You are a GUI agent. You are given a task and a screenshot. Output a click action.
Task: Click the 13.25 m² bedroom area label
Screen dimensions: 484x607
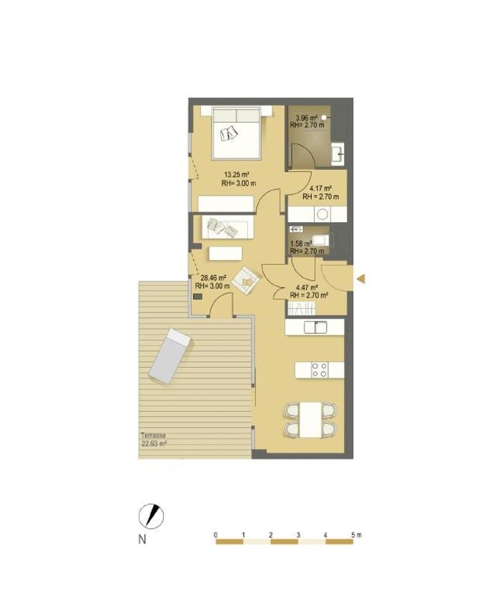pos(236,174)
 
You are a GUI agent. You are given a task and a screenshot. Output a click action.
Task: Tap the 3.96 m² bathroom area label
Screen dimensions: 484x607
pos(306,118)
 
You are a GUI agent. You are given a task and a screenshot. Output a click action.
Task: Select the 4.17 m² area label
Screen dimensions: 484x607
pos(320,189)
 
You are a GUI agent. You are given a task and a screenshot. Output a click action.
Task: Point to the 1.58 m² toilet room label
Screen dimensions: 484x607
pos(301,244)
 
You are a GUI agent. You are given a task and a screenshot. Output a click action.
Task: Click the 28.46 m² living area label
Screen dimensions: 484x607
pos(214,278)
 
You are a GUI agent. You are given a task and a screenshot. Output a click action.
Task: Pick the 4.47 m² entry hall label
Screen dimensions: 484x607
pos(307,287)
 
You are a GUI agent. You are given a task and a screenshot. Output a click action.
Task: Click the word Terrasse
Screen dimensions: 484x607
pos(153,436)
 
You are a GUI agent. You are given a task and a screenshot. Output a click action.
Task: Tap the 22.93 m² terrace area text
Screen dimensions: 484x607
pos(154,444)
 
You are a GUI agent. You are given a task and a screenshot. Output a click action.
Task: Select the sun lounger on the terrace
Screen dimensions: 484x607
pos(170,356)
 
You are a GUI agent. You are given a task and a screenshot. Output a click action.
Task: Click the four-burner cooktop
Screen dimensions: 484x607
pos(320,370)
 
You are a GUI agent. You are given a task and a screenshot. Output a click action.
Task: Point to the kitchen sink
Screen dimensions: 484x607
pos(315,327)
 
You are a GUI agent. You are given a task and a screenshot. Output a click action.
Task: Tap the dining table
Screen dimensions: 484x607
pos(310,420)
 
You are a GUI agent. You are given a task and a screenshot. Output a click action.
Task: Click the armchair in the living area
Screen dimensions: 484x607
pos(246,280)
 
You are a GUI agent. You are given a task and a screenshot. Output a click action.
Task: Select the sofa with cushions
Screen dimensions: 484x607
pos(227,227)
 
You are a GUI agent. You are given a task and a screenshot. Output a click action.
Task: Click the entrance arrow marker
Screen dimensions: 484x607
pos(361,279)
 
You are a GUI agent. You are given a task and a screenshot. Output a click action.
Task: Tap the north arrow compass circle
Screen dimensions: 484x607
pos(151,516)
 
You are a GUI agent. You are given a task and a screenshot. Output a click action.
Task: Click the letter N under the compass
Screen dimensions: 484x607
pos(142,539)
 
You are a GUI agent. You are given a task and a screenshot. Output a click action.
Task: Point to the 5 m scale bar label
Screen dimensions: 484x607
pos(356,535)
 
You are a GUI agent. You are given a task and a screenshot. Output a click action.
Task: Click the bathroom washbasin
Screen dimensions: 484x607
pos(338,152)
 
